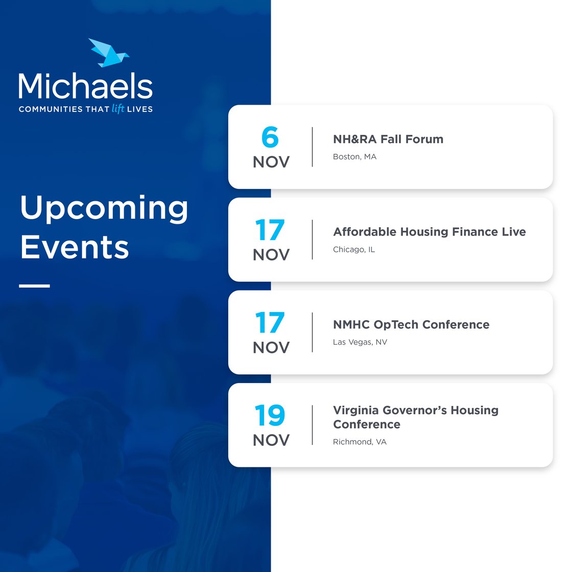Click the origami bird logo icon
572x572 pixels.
[x=108, y=53]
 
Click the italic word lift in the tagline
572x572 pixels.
[x=118, y=108]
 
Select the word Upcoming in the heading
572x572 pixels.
[x=104, y=208]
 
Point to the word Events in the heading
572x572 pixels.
[x=75, y=247]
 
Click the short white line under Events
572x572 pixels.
[x=34, y=286]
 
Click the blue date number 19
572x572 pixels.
[x=270, y=416]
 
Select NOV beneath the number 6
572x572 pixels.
[x=271, y=162]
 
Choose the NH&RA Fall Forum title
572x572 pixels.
[x=388, y=139]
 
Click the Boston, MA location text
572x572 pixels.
[x=354, y=157]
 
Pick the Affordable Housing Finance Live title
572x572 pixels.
[x=429, y=232]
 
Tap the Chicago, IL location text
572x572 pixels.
[x=353, y=250]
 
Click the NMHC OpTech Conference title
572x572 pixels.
[x=411, y=325]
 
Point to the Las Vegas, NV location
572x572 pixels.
[x=360, y=342]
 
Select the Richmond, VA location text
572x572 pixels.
[x=360, y=442]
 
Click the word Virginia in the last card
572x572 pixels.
[x=356, y=410]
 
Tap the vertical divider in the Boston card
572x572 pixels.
[x=312, y=147]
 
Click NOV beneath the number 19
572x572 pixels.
[x=271, y=440]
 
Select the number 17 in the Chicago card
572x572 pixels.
[x=270, y=230]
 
